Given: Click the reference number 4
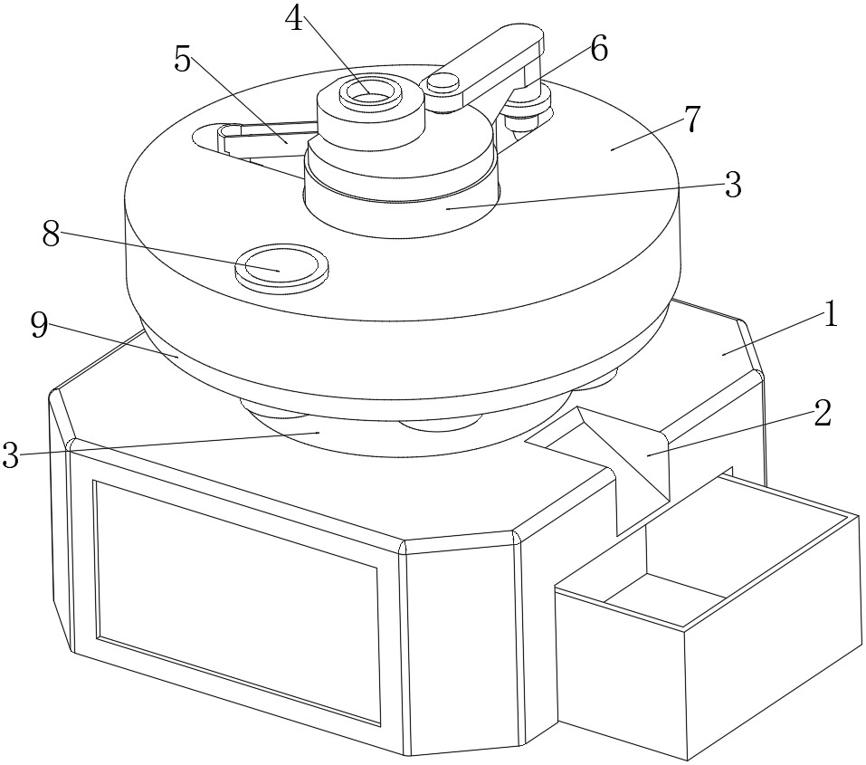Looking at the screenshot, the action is pos(294,19).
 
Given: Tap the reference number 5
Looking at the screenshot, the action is pos(182,59).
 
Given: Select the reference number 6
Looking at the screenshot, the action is pos(599,49).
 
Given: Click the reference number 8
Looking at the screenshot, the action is pos(51,234).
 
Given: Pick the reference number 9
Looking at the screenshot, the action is pos(40,327).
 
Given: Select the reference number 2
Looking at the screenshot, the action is pos(823,414).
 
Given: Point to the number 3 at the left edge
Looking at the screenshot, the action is pos(11,455).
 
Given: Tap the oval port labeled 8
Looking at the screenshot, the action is pos(281,266).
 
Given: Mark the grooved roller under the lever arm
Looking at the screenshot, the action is pos(530,103).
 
